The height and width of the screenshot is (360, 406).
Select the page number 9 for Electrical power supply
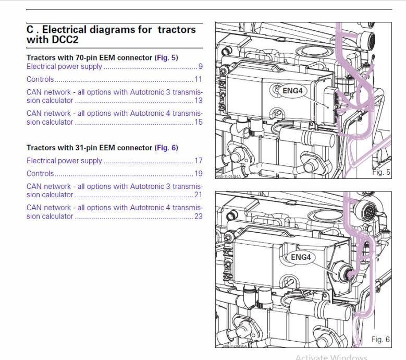point(200,67)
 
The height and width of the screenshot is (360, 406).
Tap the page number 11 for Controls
point(199,80)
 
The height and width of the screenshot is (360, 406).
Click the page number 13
point(199,101)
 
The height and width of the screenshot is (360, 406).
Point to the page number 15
point(199,122)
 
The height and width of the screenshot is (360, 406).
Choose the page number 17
point(199,161)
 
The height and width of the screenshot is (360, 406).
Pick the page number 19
point(199,174)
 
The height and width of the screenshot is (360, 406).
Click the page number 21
point(199,195)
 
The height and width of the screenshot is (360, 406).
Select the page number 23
point(199,216)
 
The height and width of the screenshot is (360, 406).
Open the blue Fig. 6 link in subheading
point(166,148)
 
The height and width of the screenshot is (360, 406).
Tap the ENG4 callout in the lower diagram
point(301,257)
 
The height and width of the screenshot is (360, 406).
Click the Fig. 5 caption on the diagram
point(380,172)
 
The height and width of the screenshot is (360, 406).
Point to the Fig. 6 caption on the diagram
point(380,340)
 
